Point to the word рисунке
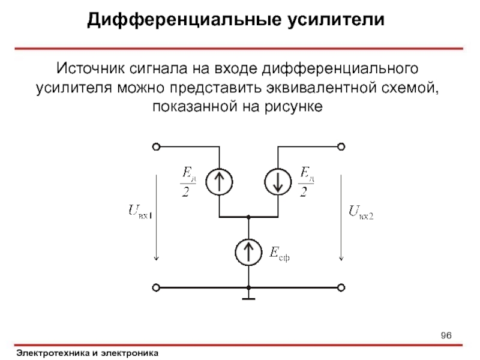coord(291,107)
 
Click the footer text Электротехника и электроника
coord(88,353)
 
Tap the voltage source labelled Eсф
coord(248,252)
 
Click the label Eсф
coord(280,254)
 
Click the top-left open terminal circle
coord(156,146)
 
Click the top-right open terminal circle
coord(341,146)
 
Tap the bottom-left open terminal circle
coord(156,288)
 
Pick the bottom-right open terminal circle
coord(341,288)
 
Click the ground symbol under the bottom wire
coord(248,296)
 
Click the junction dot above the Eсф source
coord(248,217)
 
